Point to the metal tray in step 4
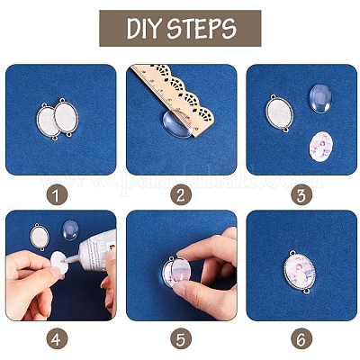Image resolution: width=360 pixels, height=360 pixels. (x=43, y=238)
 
